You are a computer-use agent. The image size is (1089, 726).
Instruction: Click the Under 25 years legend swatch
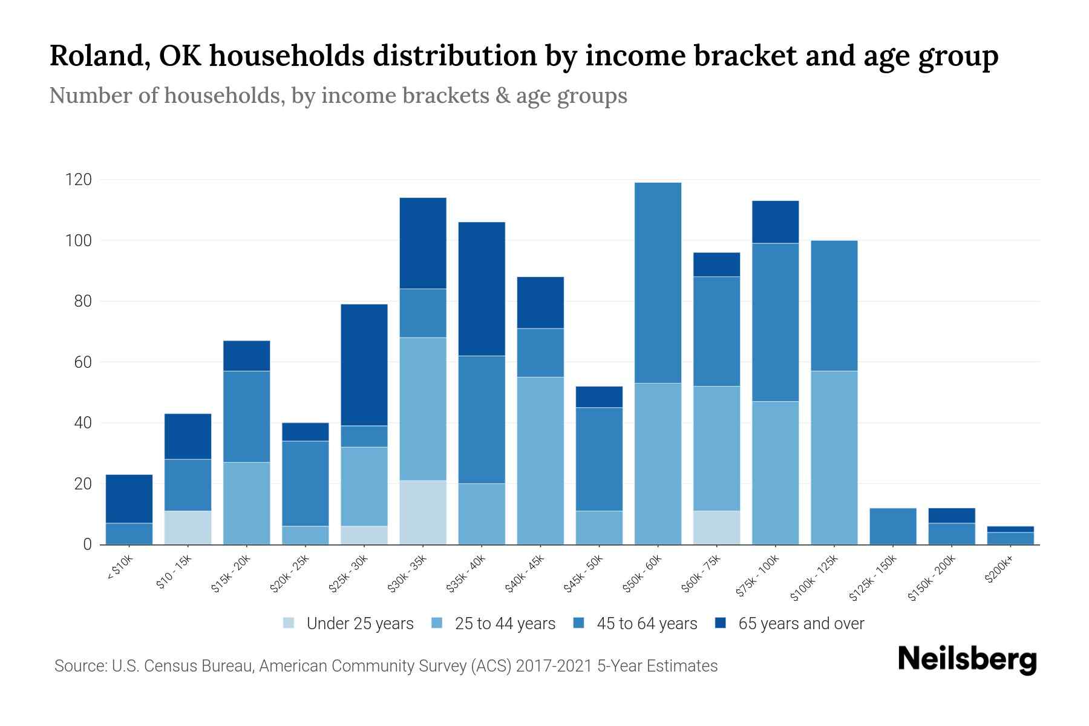(x=289, y=623)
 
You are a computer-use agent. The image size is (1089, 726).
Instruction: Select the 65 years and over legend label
(x=801, y=623)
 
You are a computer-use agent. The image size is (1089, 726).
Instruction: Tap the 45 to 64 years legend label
(x=647, y=623)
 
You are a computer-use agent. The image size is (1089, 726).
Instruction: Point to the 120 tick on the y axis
(x=79, y=180)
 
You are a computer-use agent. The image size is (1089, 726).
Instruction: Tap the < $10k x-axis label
(x=119, y=569)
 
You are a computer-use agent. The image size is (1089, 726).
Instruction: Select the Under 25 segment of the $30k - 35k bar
(x=423, y=512)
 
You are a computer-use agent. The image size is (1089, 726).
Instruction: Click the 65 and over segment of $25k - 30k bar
(x=364, y=365)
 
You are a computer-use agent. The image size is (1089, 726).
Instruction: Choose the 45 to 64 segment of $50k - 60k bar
(x=658, y=283)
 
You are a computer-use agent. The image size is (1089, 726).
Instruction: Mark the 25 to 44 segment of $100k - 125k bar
(x=834, y=457)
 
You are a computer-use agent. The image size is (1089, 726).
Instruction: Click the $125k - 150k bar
(x=893, y=526)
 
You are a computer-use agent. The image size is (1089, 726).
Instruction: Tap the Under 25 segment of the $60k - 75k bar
(x=716, y=528)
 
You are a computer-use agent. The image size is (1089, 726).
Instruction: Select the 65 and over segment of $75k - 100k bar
(x=775, y=222)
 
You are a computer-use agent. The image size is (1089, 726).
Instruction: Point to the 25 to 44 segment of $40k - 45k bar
(x=540, y=460)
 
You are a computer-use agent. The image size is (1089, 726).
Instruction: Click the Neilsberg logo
(x=967, y=659)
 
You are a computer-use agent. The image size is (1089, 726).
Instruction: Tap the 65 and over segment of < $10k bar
(x=129, y=499)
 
